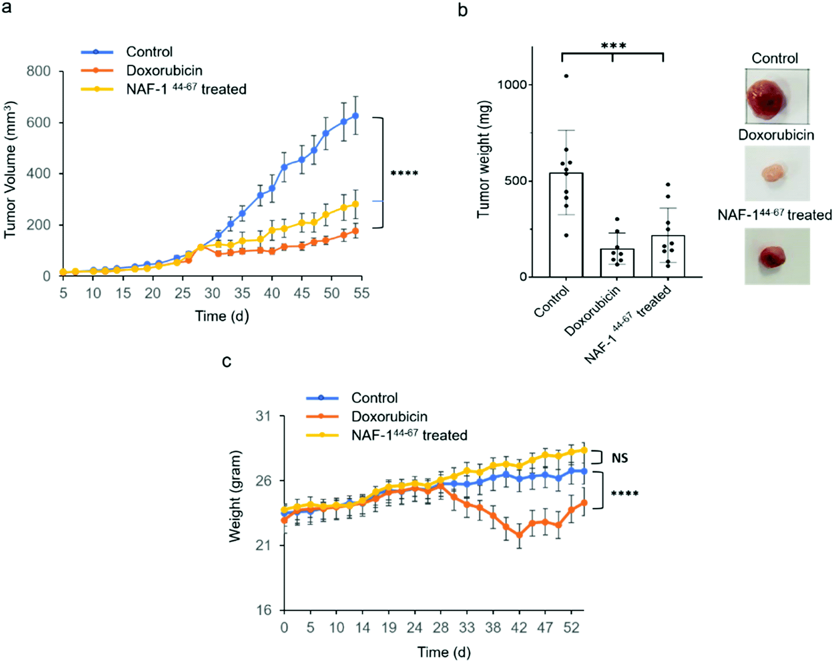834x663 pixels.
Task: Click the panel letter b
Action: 462,10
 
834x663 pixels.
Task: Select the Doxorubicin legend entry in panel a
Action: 164,71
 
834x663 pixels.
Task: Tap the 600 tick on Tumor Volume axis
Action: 39,122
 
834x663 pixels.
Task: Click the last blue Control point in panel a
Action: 356,116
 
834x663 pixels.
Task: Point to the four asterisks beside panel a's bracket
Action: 404,174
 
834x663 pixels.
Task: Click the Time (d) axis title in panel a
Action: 222,316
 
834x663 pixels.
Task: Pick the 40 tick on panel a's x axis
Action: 272,293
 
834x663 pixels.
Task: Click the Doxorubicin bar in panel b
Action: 617,262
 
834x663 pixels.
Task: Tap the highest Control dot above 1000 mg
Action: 566,76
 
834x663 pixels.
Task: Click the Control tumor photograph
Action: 776,96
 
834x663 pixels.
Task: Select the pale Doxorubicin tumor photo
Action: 776,173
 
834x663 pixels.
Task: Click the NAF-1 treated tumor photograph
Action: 776,256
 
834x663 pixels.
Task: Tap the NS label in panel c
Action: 619,458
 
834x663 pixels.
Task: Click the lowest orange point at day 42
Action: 519,535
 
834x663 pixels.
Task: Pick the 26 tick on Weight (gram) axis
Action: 263,480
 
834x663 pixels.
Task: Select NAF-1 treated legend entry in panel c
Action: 409,436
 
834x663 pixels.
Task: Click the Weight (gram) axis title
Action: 234,496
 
